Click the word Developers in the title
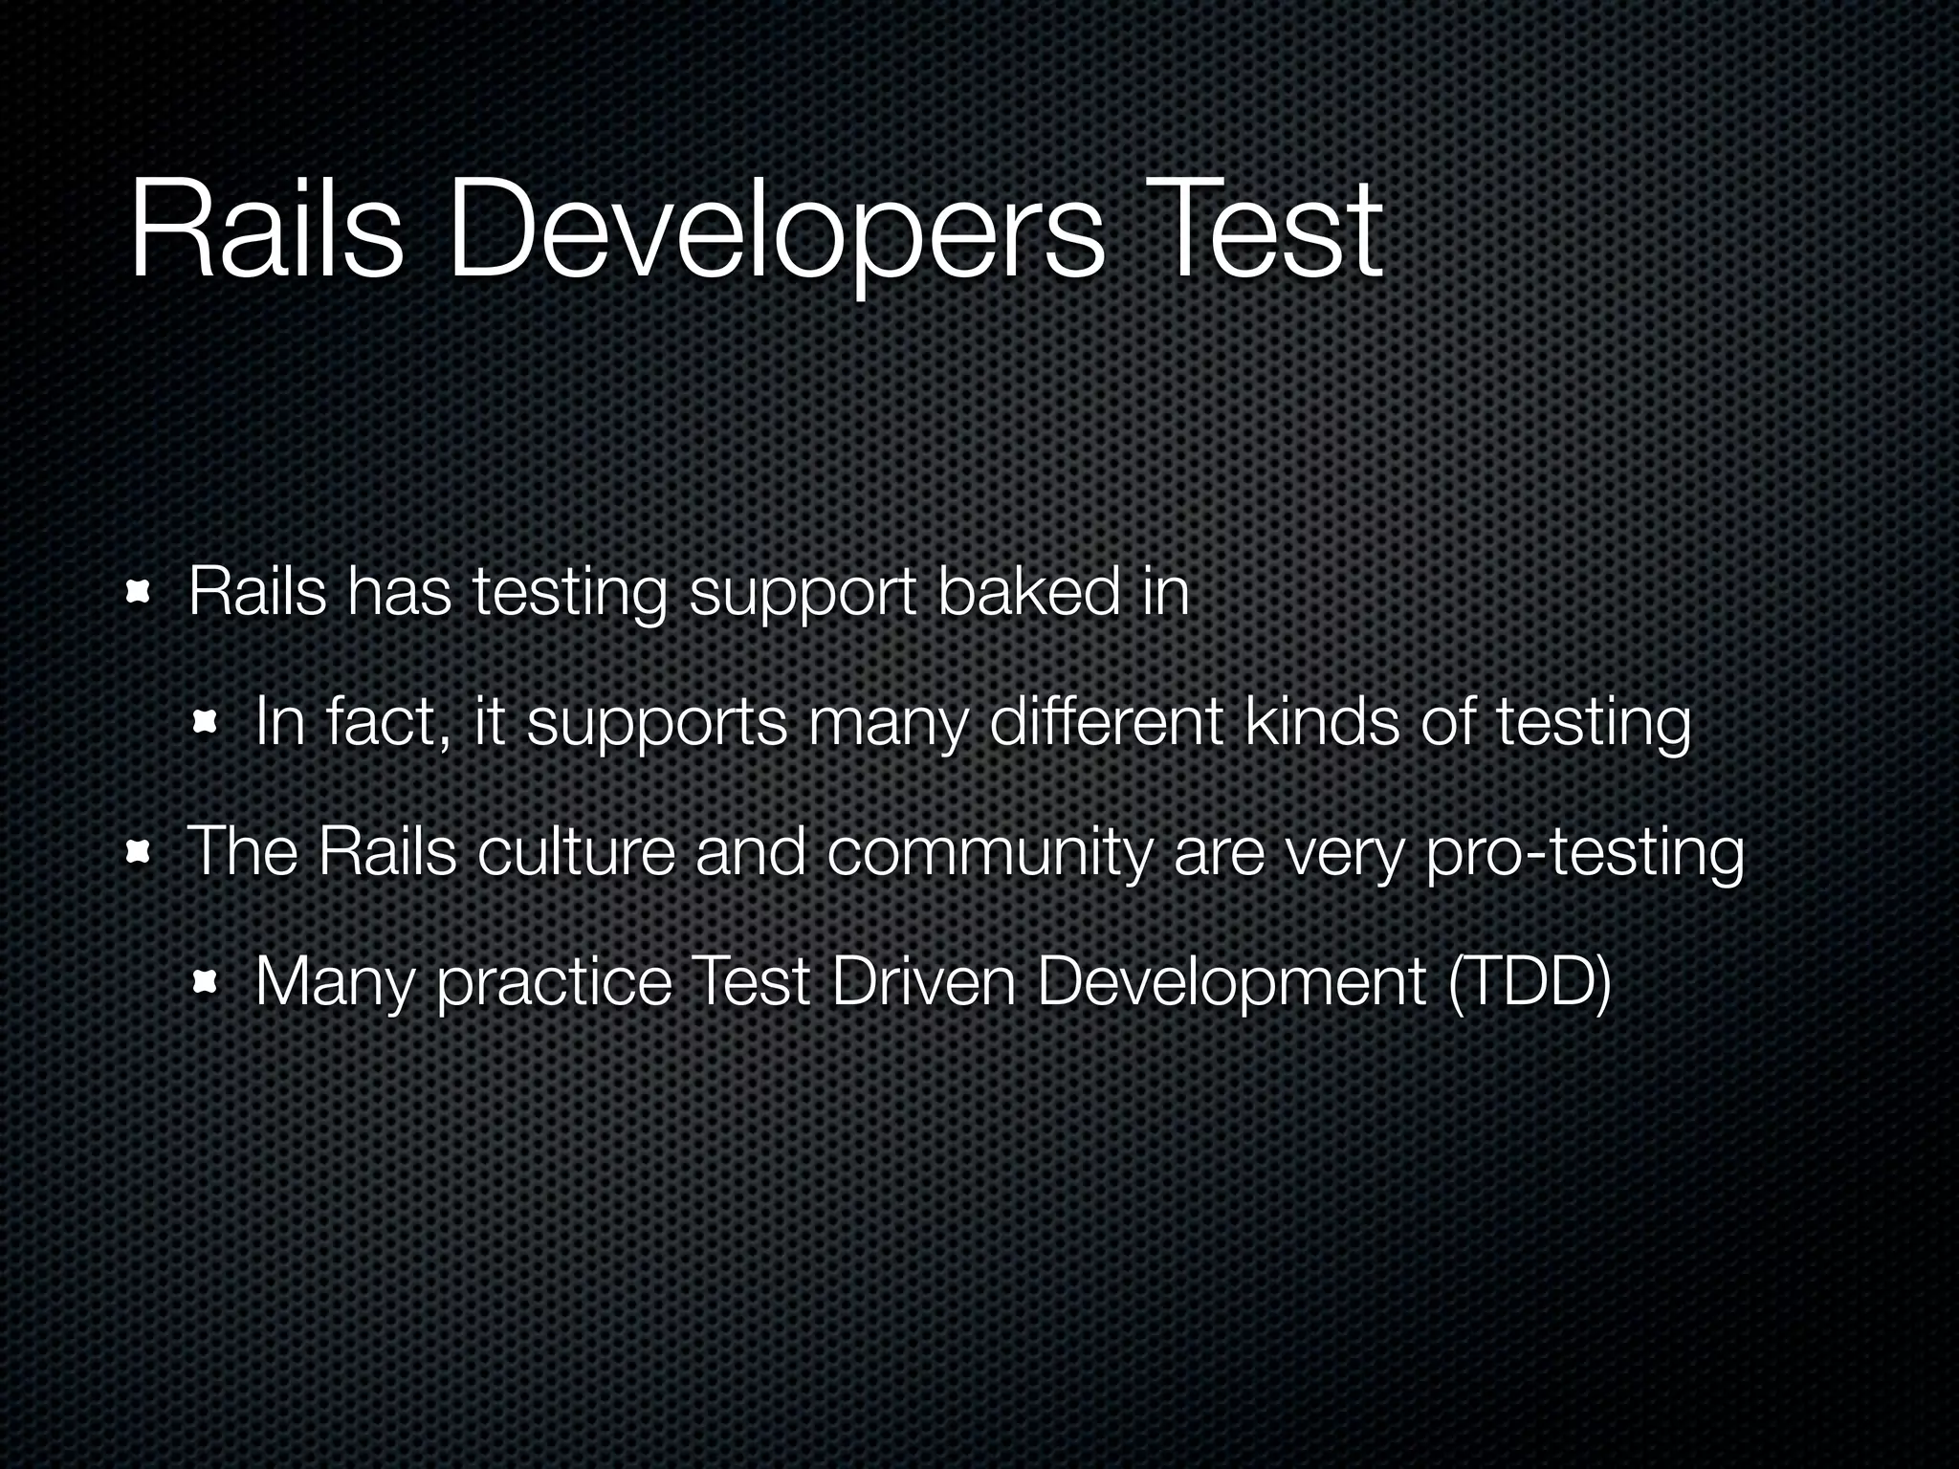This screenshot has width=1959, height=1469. click(x=776, y=232)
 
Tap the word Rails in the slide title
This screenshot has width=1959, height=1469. click(x=266, y=232)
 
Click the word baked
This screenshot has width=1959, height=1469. click(x=1027, y=592)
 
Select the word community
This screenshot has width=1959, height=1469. click(x=988, y=854)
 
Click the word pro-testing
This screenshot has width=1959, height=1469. click(x=1584, y=854)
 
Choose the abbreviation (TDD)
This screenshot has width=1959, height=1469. click(x=1530, y=982)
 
